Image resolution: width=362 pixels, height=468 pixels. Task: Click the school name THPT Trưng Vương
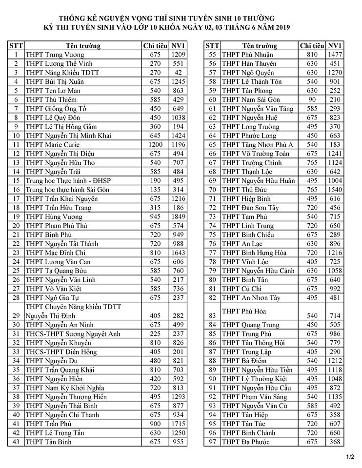[55, 55]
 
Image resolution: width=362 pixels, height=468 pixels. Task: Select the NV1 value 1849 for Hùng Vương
[178, 216]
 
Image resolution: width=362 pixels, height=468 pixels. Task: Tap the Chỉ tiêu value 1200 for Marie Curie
[155, 144]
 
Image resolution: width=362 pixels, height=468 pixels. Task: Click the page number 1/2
[350, 456]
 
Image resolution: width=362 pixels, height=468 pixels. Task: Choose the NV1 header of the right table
[335, 46]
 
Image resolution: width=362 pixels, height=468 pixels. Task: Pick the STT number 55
[212, 55]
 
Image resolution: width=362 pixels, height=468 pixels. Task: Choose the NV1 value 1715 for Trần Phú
[178, 424]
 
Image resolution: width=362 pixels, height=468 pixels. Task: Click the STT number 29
[16, 315]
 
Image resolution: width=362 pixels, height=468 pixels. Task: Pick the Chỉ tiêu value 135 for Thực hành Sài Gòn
[155, 189]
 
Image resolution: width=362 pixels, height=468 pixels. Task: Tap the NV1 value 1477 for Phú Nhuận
[335, 55]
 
